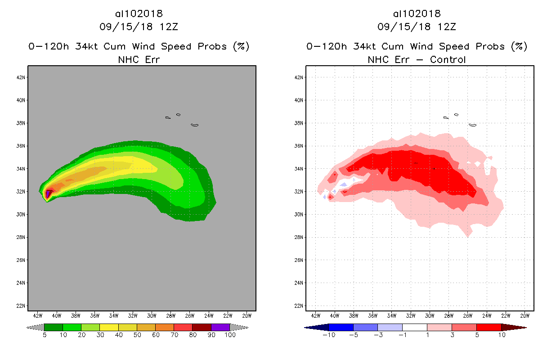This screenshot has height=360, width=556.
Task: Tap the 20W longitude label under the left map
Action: pos(247,315)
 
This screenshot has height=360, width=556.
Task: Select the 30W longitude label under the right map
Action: pos(430,315)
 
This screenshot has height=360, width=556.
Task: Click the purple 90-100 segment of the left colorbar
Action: pos(220,327)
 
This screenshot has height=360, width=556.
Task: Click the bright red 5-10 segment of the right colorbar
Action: pos(489,327)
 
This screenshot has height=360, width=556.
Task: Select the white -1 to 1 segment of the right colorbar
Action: pos(415,327)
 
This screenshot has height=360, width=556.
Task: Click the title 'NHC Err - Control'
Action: pos(417,59)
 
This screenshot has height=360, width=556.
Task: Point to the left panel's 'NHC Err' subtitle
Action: pos(139,59)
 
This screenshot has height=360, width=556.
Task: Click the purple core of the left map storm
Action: pos(48,194)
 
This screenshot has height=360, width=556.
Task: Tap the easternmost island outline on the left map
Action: pos(194,125)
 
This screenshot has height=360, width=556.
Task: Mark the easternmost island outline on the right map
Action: pos(472,125)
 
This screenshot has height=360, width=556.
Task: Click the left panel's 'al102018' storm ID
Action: pos(139,14)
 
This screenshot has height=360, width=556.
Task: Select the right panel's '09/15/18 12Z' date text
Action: pos(417,27)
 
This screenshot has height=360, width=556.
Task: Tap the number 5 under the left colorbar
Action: pos(45,335)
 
